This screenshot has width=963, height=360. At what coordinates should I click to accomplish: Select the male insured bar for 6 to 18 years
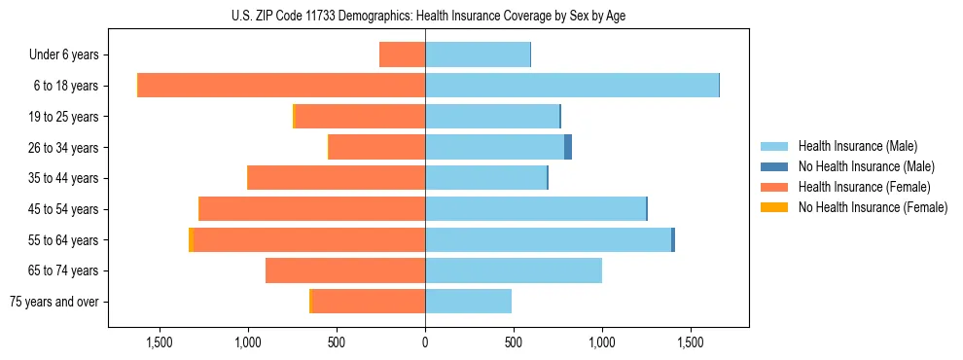(572, 86)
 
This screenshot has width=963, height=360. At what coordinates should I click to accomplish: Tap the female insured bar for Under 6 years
(402, 55)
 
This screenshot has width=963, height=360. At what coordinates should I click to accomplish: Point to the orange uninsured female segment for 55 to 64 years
(191, 239)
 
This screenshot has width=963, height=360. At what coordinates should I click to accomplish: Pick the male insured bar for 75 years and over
(468, 302)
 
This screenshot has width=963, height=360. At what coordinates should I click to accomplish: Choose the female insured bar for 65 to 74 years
(345, 270)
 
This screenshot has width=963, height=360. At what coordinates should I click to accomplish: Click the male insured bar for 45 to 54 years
(535, 209)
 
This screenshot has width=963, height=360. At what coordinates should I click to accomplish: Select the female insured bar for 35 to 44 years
(337, 178)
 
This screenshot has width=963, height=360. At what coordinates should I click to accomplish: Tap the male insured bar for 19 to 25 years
(492, 117)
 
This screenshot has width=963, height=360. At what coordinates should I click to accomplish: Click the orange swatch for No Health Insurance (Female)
(775, 207)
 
